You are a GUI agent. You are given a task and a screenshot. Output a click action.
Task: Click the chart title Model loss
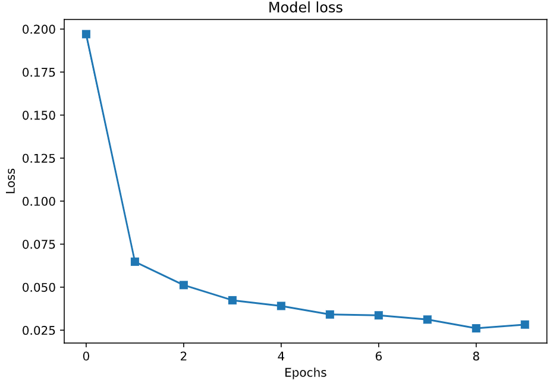click(305, 8)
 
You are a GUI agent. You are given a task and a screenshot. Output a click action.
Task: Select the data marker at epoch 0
click(86, 34)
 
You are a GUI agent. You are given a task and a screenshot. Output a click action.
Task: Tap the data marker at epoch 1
click(135, 262)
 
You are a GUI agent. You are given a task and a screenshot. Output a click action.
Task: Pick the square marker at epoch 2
click(184, 285)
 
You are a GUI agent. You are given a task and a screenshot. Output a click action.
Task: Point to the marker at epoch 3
click(233, 300)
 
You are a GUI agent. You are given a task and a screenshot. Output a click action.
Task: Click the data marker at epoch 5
click(330, 314)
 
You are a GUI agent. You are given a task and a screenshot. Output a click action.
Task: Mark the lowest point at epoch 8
click(476, 328)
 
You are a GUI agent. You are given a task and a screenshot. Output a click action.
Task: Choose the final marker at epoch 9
click(525, 325)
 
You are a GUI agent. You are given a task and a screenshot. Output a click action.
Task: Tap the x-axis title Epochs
click(305, 373)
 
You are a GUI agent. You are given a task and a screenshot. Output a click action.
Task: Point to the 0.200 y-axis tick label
click(39, 29)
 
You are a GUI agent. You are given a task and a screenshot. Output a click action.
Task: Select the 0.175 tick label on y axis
click(39, 73)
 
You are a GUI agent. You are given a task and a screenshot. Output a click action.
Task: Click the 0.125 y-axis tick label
click(39, 159)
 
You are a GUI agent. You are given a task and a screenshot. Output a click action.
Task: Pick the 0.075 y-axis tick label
click(39, 244)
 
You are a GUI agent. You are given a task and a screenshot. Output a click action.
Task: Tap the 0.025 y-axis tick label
click(39, 331)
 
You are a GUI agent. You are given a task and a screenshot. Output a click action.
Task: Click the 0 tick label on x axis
click(86, 356)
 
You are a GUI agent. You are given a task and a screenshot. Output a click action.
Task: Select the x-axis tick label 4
click(281, 356)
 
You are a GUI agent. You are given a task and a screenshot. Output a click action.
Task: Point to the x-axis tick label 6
click(379, 356)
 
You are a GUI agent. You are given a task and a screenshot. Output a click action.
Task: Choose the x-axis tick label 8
click(476, 356)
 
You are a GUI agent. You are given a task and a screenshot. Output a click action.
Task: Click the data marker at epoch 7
click(428, 319)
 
